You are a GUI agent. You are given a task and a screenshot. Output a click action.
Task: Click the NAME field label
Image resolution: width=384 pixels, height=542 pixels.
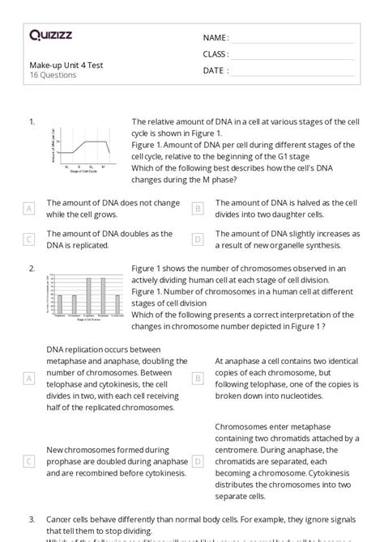pyautogui.click(x=215, y=38)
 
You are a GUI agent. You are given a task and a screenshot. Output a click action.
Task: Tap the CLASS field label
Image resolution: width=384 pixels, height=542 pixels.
pyautogui.click(x=215, y=54)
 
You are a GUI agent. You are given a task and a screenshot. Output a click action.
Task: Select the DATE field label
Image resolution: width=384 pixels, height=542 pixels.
pyautogui.click(x=215, y=70)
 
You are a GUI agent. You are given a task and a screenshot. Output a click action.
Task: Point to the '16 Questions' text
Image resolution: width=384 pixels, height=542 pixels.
pyautogui.click(x=53, y=75)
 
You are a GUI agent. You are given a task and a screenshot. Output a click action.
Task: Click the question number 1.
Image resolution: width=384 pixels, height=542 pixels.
pyautogui.click(x=32, y=122)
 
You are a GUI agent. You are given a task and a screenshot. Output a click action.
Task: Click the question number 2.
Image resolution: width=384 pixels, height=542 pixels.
pyautogui.click(x=32, y=268)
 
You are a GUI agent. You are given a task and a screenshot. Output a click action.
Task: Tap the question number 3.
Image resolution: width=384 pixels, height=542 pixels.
pyautogui.click(x=32, y=519)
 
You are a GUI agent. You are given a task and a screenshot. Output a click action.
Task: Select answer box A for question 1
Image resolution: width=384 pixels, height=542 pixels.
pyautogui.click(x=29, y=209)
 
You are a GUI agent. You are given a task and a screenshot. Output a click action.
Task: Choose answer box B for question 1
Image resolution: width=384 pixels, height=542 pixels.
pyautogui.click(x=198, y=209)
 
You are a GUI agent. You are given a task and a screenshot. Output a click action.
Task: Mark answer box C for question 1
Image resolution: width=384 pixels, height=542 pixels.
pyautogui.click(x=29, y=239)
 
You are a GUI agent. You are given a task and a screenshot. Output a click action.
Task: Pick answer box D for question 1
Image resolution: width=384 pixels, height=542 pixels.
pyautogui.click(x=198, y=239)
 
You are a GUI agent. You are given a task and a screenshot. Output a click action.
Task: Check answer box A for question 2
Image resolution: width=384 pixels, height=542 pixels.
pyautogui.click(x=29, y=378)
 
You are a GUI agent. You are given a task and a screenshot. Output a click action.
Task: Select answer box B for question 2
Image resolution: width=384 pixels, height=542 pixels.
pyautogui.click(x=198, y=378)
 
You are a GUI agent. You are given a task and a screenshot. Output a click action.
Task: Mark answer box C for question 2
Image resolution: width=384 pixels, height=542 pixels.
pyautogui.click(x=29, y=461)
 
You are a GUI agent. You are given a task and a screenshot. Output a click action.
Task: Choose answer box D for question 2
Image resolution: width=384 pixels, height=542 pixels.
pyautogui.click(x=198, y=461)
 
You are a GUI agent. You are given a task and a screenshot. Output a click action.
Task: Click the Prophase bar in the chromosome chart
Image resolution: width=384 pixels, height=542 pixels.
pyautogui.click(x=59, y=302)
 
